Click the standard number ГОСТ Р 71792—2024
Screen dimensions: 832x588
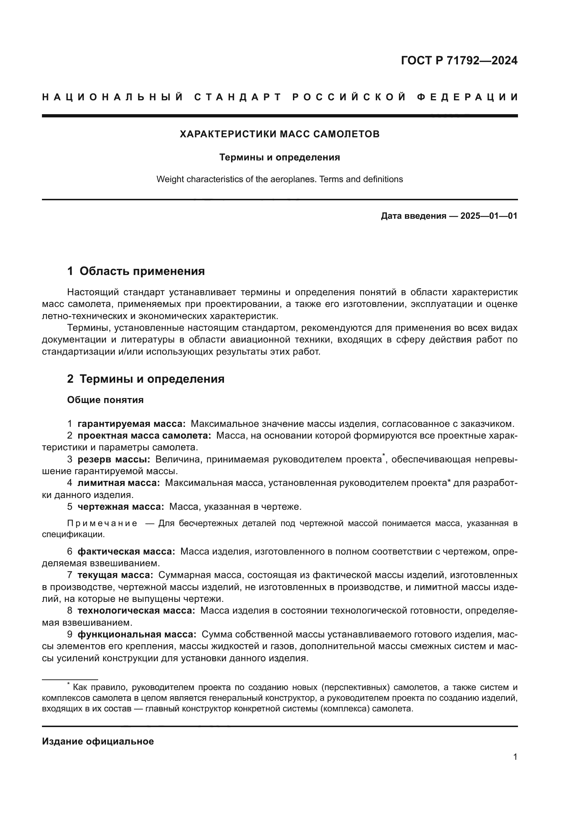tap(459, 60)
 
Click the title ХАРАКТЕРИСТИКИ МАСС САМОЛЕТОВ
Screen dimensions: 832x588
tap(279, 134)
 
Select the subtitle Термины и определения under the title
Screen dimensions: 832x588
tap(279, 157)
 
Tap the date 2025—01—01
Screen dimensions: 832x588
tap(489, 216)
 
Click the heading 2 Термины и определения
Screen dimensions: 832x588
tap(145, 379)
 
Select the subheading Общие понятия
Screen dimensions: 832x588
tap(105, 400)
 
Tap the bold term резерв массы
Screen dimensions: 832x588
tap(114, 459)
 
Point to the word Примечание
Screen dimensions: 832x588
tap(102, 523)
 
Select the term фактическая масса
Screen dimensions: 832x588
tap(126, 552)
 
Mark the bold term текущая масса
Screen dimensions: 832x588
tap(115, 575)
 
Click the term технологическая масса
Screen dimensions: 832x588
tap(136, 610)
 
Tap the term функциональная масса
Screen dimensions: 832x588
tap(137, 634)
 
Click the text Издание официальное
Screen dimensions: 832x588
tap(98, 741)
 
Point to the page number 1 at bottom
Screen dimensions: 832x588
tap(515, 757)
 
